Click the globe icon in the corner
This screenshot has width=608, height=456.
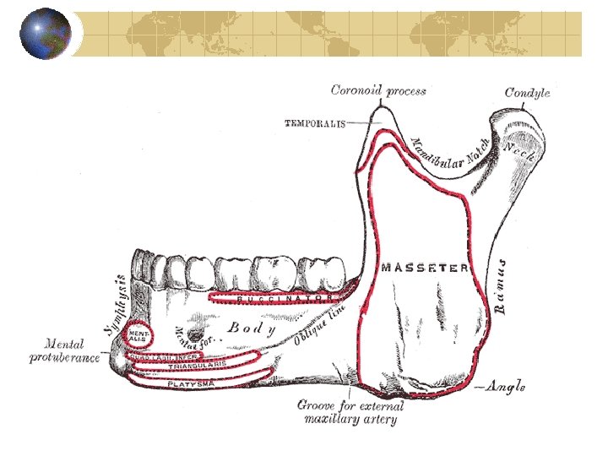pos(45,34)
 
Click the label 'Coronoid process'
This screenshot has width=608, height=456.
pos(378,90)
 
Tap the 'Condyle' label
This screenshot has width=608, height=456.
pos(527,92)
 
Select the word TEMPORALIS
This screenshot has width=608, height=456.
pos(315,123)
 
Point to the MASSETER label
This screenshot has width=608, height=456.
pos(425,268)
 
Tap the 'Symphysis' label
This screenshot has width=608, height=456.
pos(121,301)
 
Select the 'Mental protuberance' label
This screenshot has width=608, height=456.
pos(64,351)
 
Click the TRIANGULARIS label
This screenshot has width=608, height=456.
pos(198,366)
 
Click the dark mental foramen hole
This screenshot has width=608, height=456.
pos(200,323)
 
